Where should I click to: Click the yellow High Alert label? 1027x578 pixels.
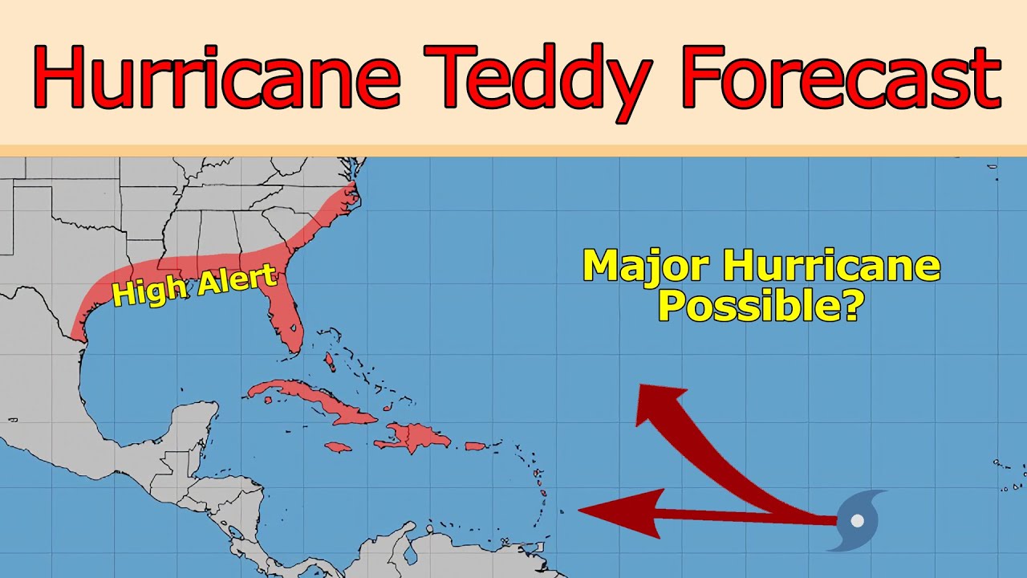[x=195, y=286]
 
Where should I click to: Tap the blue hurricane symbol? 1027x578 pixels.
[x=857, y=520]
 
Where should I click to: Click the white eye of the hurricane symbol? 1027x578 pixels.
[x=857, y=520]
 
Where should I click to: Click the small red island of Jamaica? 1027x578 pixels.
[x=339, y=446]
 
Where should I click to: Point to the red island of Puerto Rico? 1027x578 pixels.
[x=476, y=446]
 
